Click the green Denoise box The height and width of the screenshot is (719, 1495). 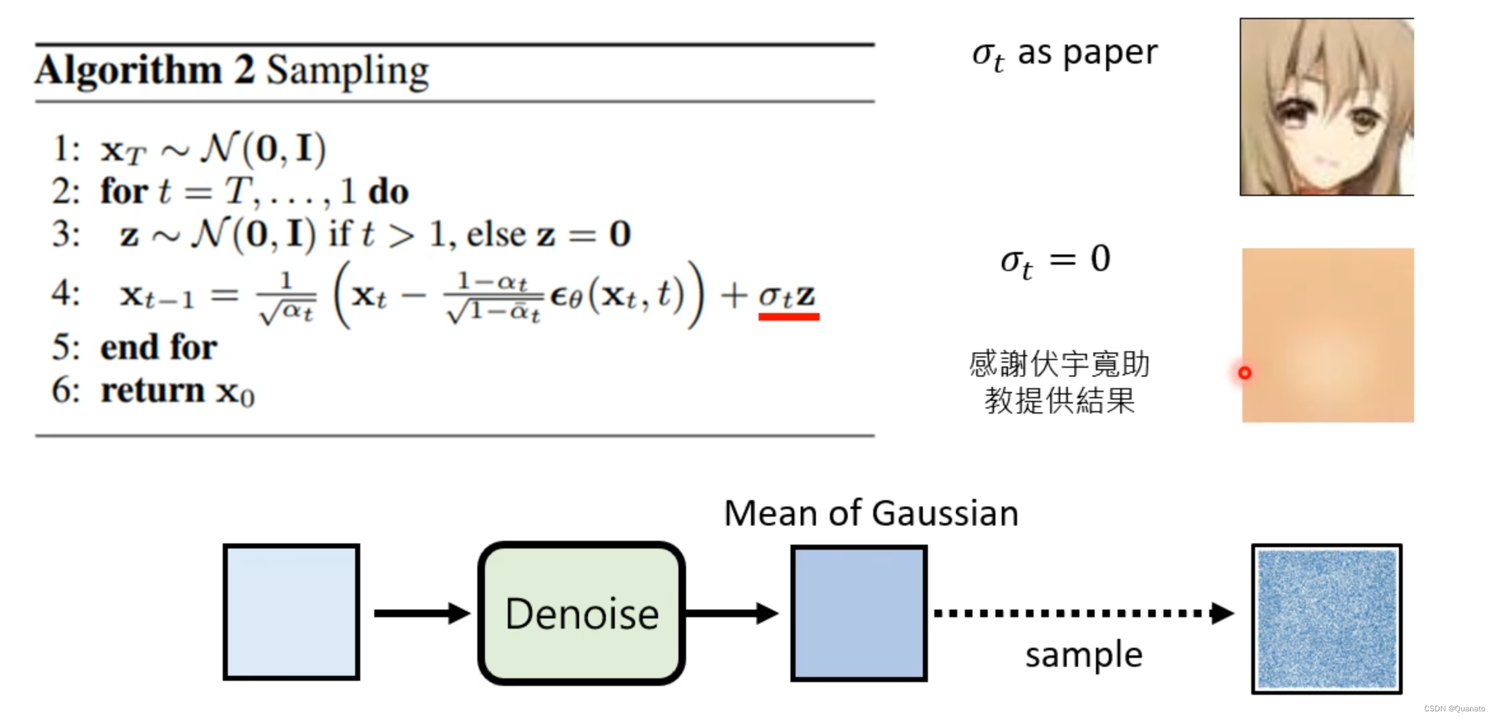(582, 613)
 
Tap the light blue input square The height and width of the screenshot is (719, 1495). (291, 612)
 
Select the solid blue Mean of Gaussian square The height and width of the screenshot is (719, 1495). (859, 613)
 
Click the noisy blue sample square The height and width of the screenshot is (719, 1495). (1327, 618)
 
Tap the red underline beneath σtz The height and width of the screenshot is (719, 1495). (789, 316)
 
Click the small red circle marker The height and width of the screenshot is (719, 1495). (1245, 373)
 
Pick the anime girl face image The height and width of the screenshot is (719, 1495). (1327, 107)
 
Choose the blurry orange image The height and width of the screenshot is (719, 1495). (1328, 335)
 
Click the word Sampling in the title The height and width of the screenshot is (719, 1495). (347, 71)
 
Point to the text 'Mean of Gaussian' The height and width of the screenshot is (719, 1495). (871, 513)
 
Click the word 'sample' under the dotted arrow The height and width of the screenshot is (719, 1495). (1084, 655)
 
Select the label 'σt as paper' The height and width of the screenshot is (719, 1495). (1065, 54)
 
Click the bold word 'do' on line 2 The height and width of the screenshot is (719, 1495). (389, 192)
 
